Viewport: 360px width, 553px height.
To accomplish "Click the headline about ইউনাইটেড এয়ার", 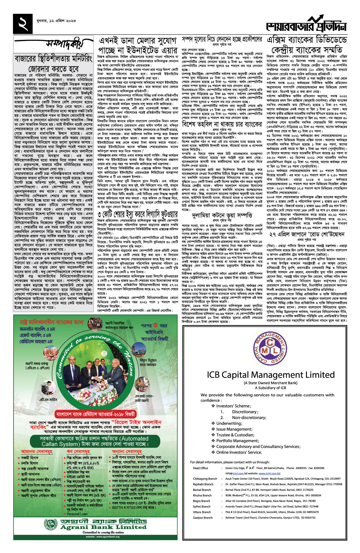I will point(138,45).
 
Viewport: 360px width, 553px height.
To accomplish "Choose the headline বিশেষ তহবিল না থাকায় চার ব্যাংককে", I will point(222,124).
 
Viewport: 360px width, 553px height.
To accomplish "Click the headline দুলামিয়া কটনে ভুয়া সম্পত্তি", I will point(222,215).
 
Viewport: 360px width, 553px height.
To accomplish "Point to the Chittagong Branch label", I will point(205,479).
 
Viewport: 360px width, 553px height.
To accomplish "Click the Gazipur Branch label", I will point(203,518).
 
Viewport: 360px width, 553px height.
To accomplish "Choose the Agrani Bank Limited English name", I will point(103,527).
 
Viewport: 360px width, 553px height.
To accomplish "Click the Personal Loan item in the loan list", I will point(77,514).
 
